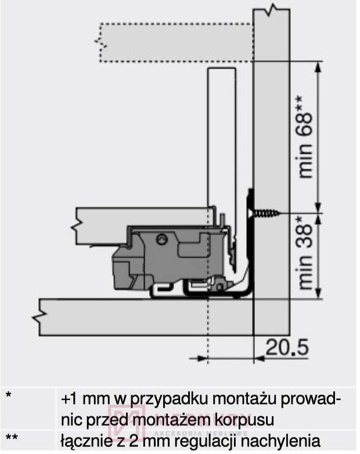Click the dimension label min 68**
[x=306, y=137]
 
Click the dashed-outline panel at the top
[x=174, y=42]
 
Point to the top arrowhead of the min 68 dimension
[x=318, y=64]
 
